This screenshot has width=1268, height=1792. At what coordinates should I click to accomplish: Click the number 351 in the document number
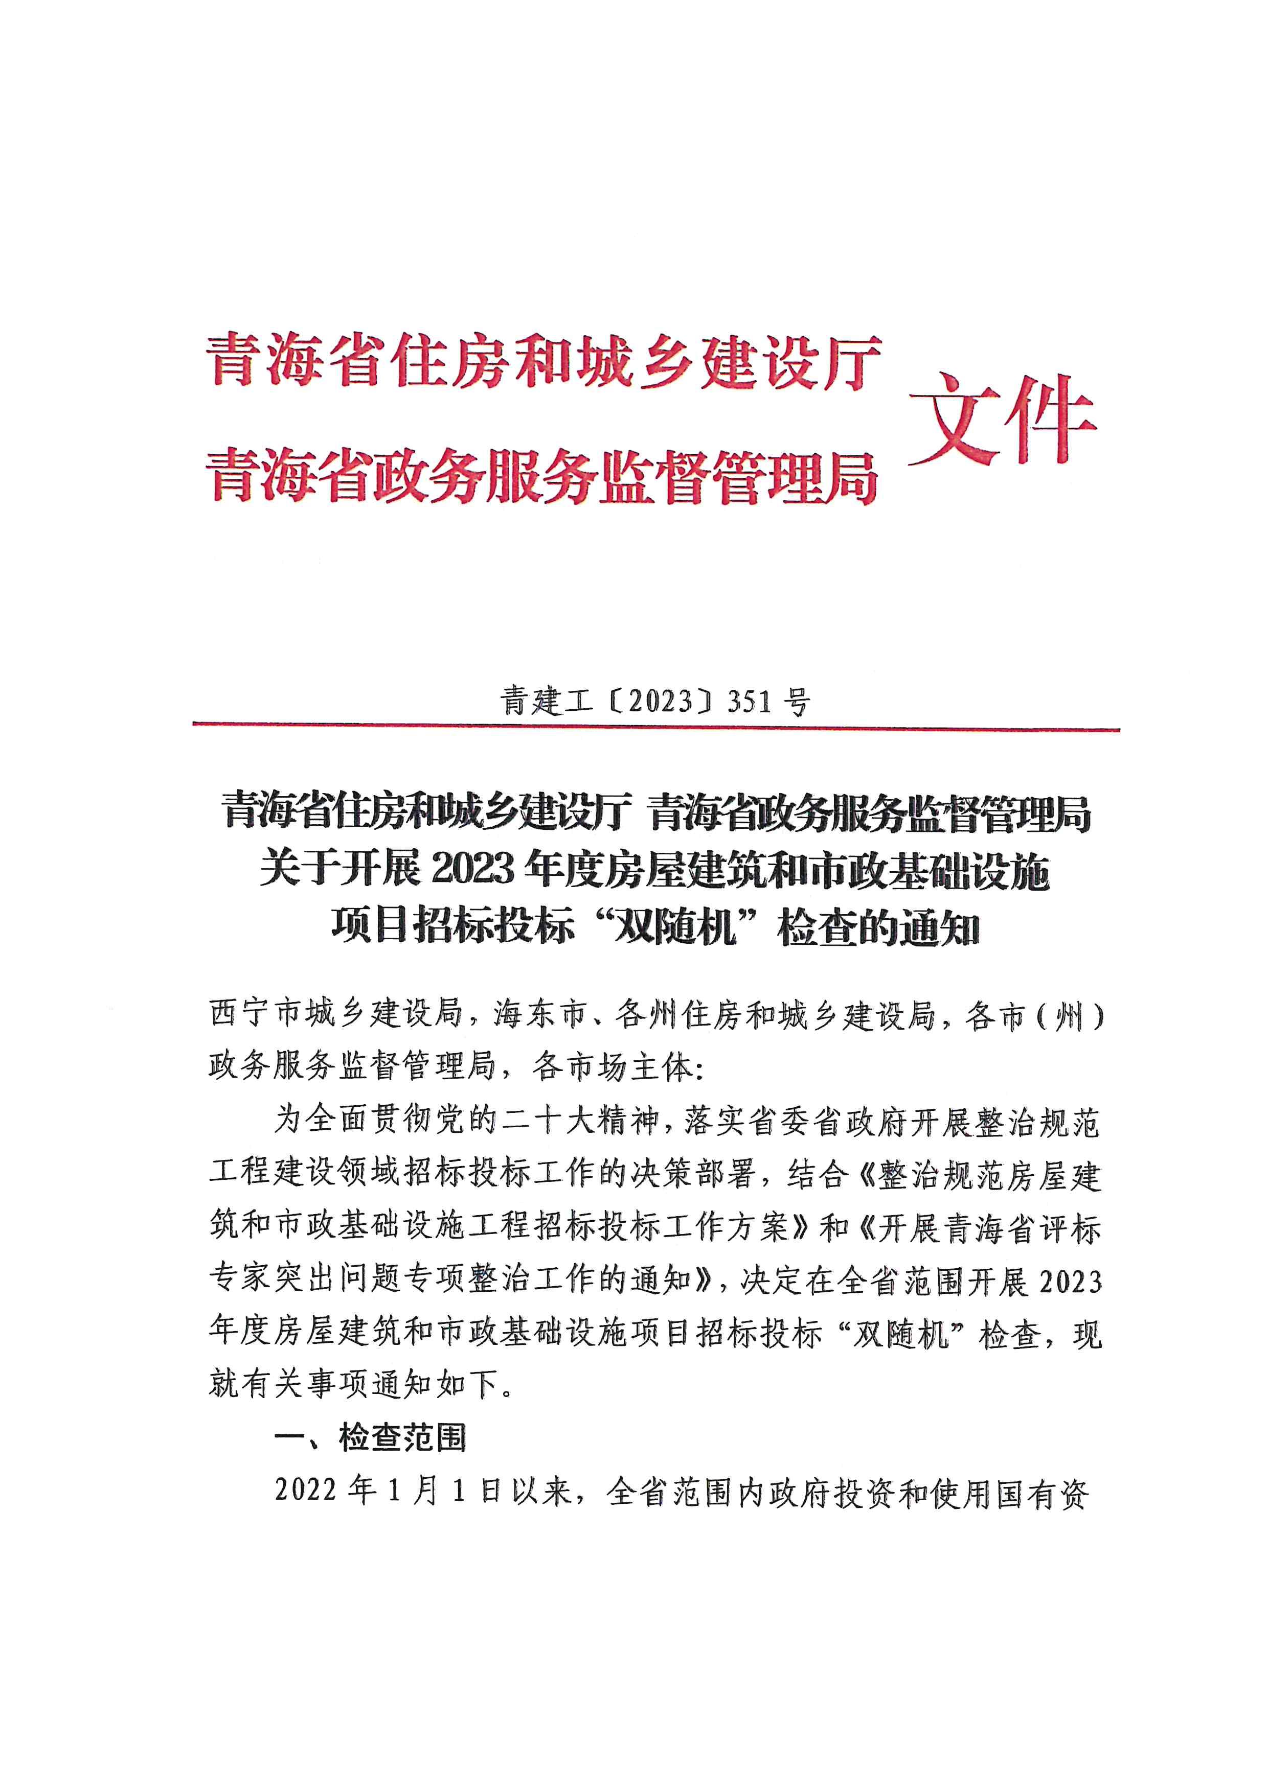click(750, 703)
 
